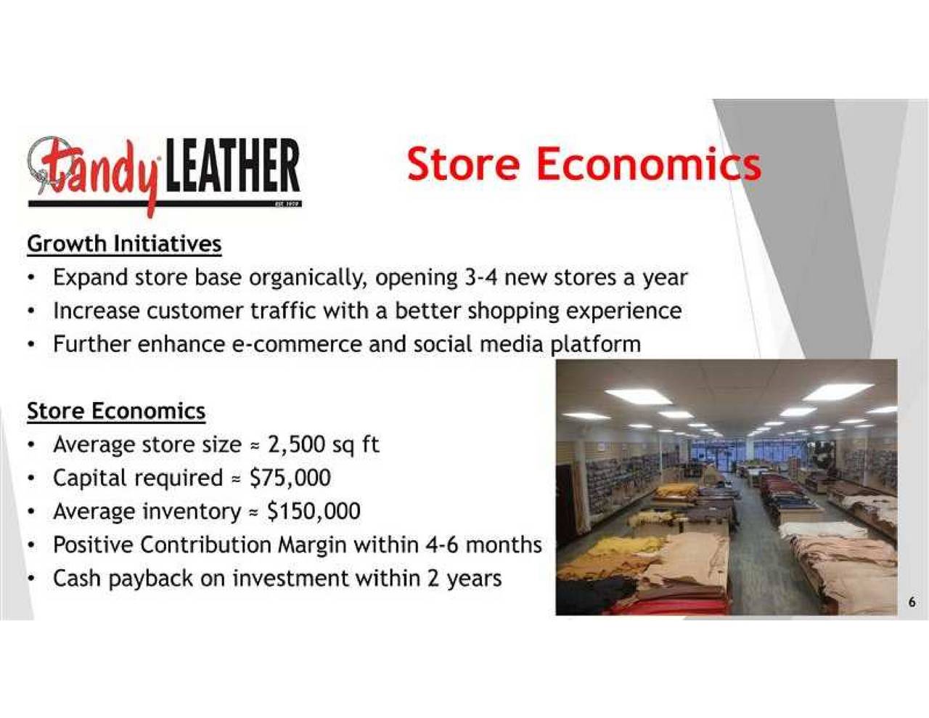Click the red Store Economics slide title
coord(584,163)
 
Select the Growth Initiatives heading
coord(124,243)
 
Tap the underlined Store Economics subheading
coord(116,411)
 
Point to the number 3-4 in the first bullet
coord(480,277)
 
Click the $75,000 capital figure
coord(290,478)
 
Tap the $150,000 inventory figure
coord(314,511)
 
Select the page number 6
coord(912,602)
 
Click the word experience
coord(623,311)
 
